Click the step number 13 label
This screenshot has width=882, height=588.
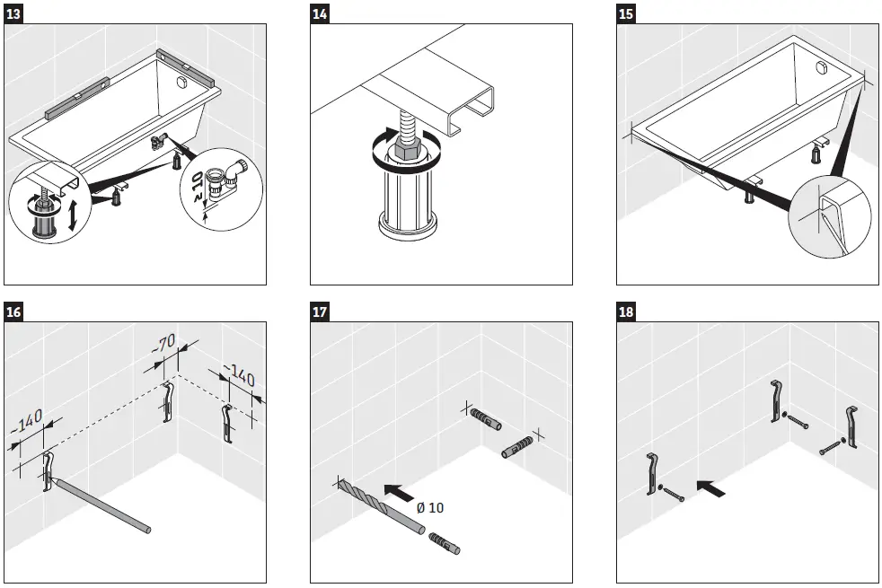(x=14, y=13)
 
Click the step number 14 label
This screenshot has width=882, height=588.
(x=321, y=13)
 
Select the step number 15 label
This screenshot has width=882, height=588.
(x=627, y=13)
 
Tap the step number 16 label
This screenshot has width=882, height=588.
(x=14, y=312)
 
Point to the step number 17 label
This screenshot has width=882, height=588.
(x=321, y=312)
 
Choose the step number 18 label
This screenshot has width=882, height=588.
(x=627, y=312)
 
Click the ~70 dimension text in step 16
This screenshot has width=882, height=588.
(x=164, y=344)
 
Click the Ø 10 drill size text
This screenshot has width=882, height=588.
(x=430, y=507)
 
